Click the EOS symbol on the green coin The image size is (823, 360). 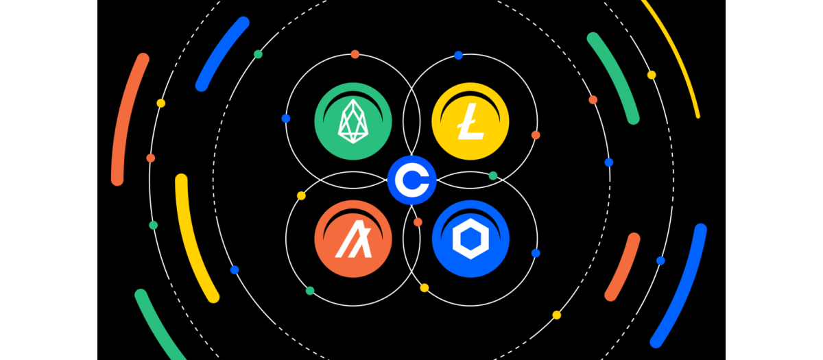tap(353, 122)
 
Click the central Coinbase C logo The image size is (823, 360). tap(411, 180)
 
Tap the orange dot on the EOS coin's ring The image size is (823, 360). tap(355, 54)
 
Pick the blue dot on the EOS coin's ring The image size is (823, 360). tap(286, 119)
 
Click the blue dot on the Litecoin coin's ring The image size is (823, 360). tap(458, 55)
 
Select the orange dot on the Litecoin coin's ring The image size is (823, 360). tap(536, 135)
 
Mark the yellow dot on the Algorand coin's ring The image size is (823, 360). tap(301, 196)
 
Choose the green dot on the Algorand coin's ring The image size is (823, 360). tap(310, 291)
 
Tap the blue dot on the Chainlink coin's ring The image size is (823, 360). tap(536, 253)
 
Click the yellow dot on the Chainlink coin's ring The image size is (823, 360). tap(425, 288)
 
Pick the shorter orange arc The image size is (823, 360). tap(622, 267)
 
